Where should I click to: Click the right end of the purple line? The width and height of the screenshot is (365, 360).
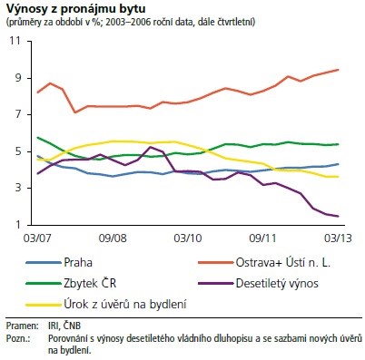tap(339, 216)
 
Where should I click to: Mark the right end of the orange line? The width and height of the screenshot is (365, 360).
tap(339, 70)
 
